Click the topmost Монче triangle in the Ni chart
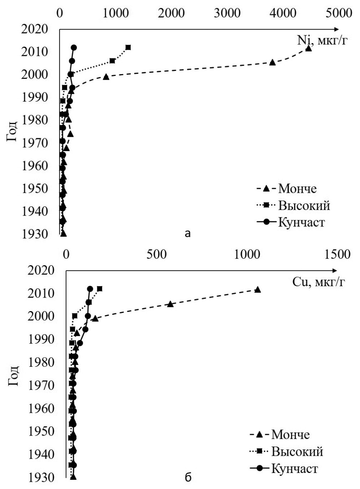tap(308, 48)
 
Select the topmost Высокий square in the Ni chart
tap(128, 47)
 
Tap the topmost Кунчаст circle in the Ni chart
tap(74, 47)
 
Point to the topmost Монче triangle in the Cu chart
tap(257, 289)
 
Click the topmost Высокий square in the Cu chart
tap(100, 288)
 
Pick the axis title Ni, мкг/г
tap(322, 41)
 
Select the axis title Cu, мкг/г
tap(318, 282)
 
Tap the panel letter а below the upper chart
tap(188, 233)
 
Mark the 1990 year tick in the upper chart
tap(35, 97)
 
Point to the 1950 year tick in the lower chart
tap(41, 431)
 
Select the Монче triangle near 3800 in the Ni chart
tap(272, 62)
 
